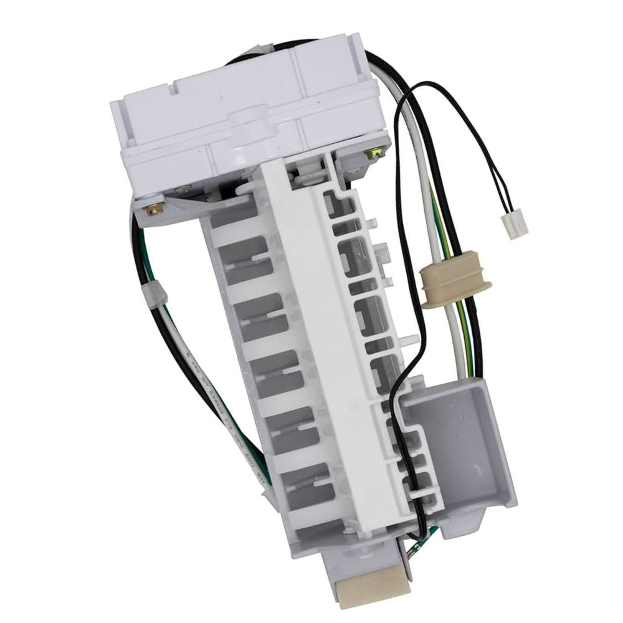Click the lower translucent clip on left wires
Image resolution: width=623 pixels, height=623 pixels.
coord(266,492)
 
